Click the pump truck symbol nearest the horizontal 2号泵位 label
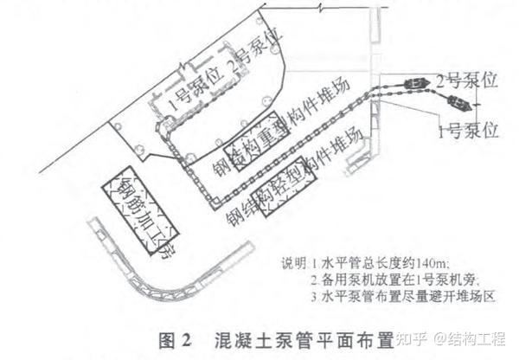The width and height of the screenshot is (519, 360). click(x=416, y=84)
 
